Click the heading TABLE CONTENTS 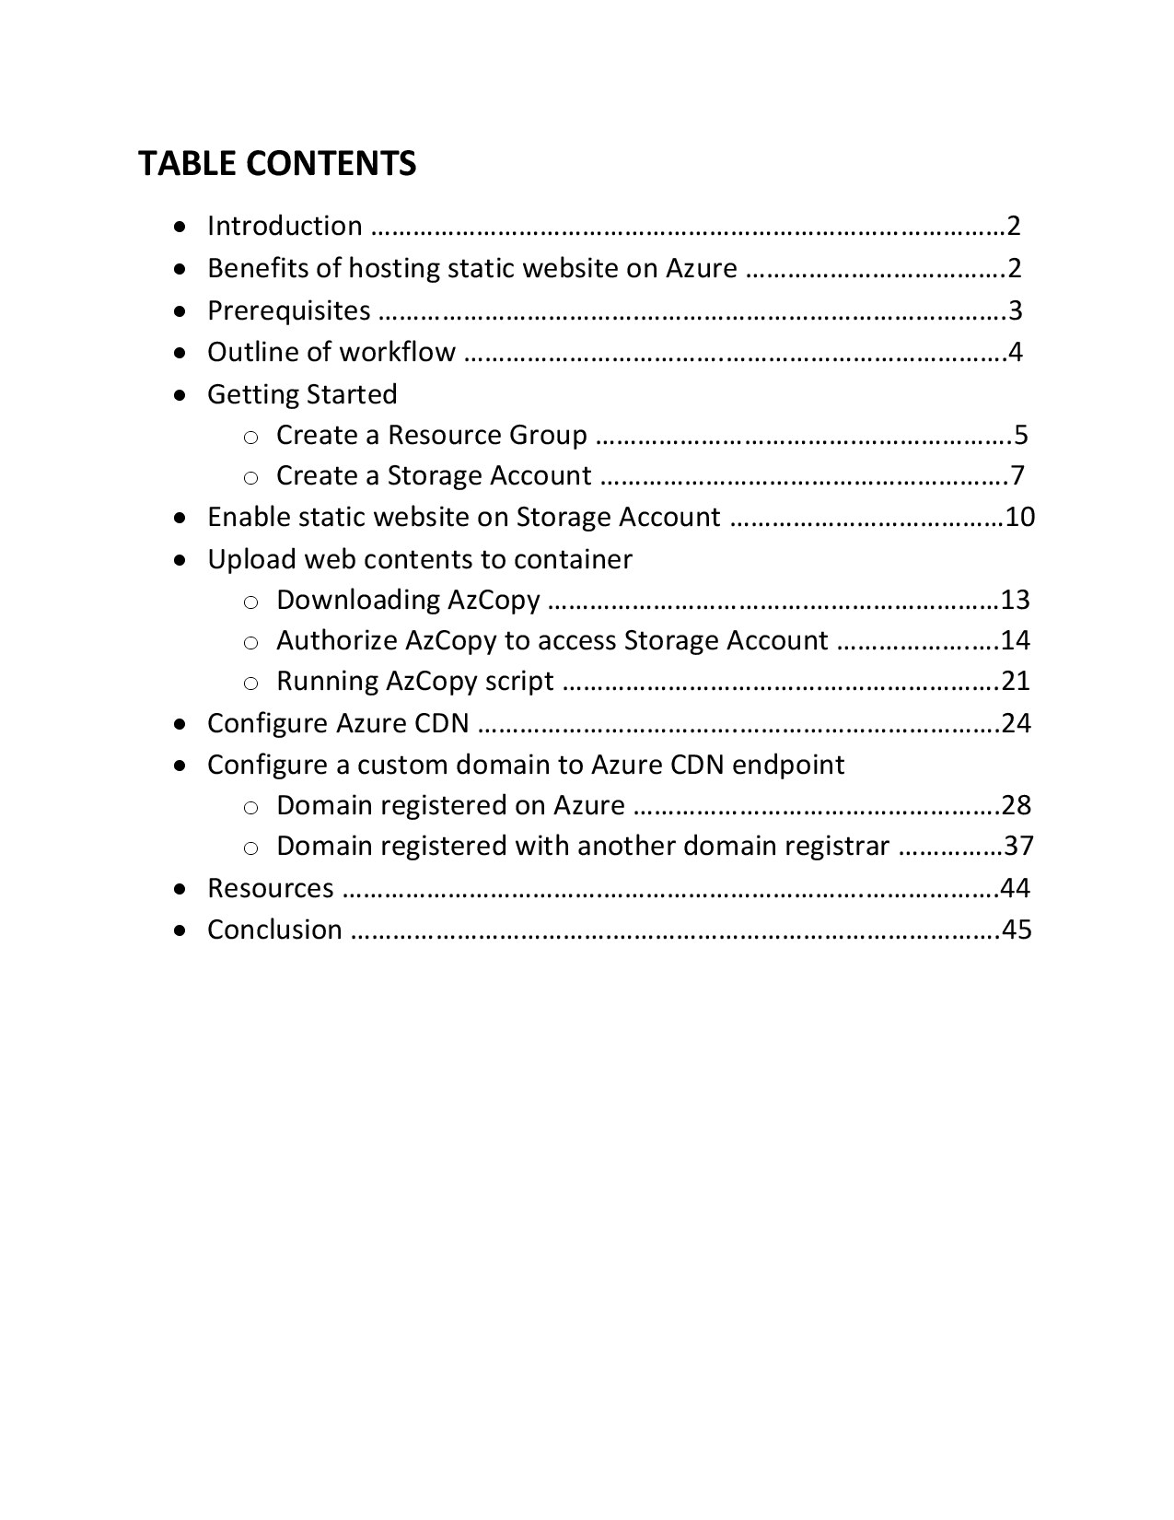click(277, 164)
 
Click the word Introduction click(285, 226)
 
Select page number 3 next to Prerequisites click(1016, 310)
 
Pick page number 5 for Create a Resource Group click(1020, 435)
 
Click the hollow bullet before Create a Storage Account click(250, 477)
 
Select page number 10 click(1020, 517)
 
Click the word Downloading click(358, 600)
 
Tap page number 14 click(1016, 640)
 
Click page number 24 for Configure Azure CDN click(1017, 723)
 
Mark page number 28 click(1017, 805)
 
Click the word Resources click(271, 888)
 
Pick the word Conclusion click(274, 930)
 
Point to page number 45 click(1017, 930)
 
